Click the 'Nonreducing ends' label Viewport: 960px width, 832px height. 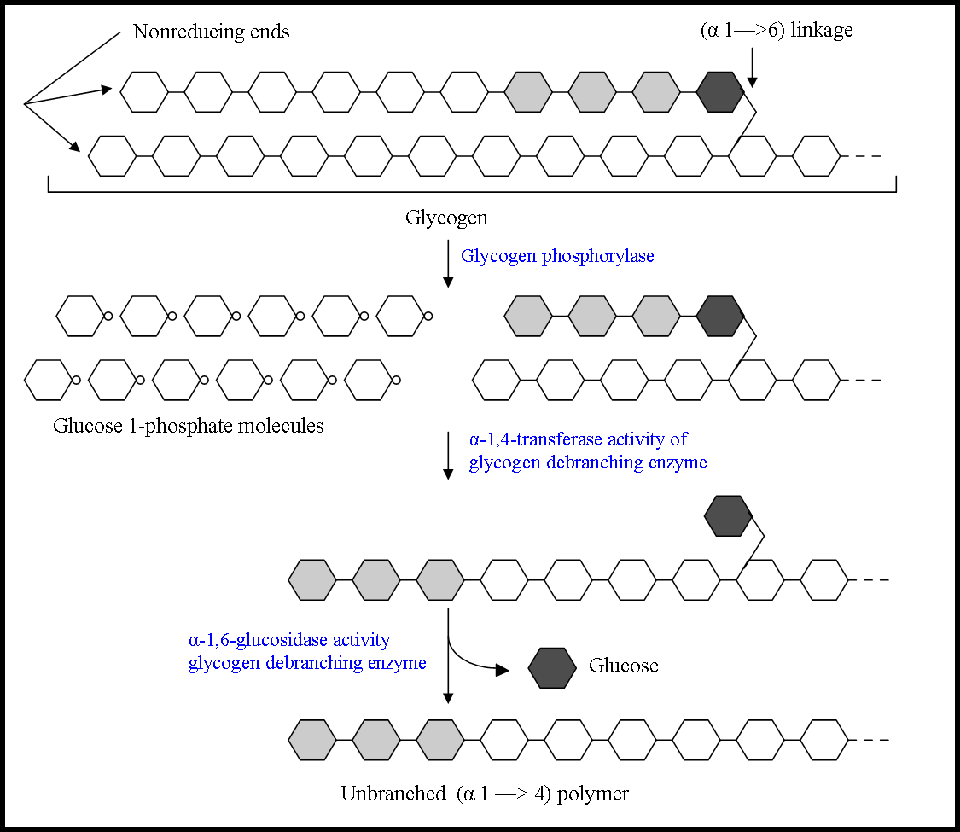coord(211,32)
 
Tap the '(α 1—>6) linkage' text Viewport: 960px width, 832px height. coord(776,31)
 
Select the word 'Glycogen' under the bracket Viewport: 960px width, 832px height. coord(446,218)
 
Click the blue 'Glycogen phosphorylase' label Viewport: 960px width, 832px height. coord(557,256)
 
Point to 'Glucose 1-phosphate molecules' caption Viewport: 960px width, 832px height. coord(189,426)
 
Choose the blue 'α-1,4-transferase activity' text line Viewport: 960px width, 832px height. coord(578,440)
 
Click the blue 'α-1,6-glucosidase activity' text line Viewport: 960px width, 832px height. coord(288,640)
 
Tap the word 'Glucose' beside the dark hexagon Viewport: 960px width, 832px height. coord(623,666)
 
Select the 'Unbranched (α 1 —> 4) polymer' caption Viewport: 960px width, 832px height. coord(485,794)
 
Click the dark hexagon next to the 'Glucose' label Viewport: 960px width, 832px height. coord(552,668)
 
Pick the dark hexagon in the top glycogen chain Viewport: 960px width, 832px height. coord(720,92)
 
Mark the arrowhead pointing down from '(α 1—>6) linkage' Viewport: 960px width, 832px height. coord(752,82)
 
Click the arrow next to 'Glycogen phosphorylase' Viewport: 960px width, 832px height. coord(448,265)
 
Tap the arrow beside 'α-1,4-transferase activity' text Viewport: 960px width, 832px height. coord(448,457)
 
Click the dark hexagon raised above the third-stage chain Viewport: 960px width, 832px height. coord(728,516)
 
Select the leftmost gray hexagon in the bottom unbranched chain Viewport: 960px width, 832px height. coord(312,740)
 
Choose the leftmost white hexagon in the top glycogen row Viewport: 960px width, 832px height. coord(144,92)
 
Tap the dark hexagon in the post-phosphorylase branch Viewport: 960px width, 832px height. coord(720,316)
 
